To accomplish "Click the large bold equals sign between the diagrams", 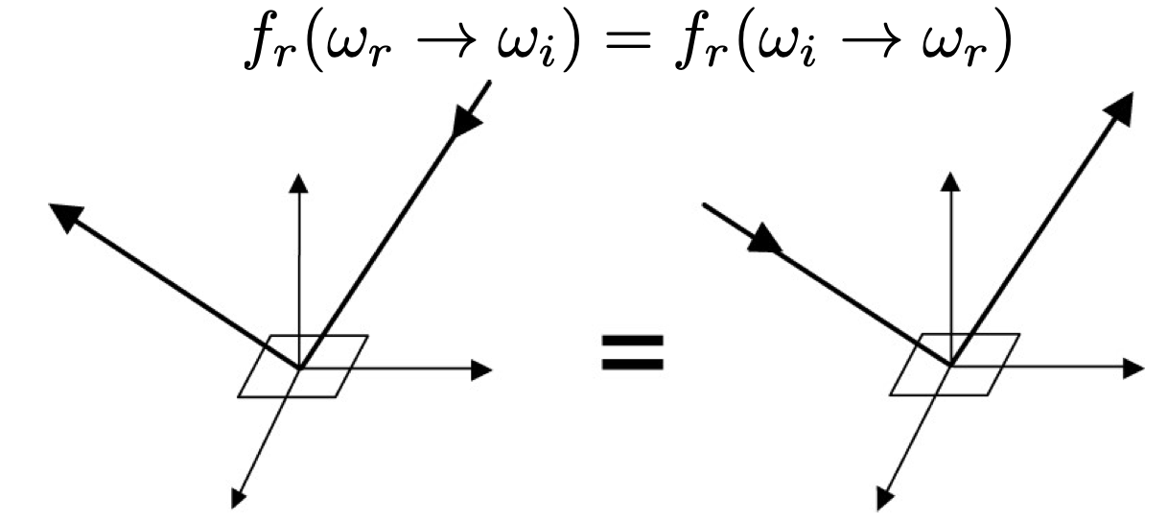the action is (633, 353).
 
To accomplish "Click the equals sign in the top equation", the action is (627, 40).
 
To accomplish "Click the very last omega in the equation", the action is (945, 42).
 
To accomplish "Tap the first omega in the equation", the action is (349, 42).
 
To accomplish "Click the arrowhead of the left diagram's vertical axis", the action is (299, 183).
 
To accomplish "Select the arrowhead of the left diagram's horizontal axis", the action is (481, 369).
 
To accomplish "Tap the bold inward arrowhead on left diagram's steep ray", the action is (467, 122).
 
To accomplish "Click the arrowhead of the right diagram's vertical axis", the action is (951, 182).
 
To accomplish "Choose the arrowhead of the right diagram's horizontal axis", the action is (1134, 368).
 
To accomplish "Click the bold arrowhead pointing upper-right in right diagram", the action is (1120, 108).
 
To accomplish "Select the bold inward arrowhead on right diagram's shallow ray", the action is (765, 239).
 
